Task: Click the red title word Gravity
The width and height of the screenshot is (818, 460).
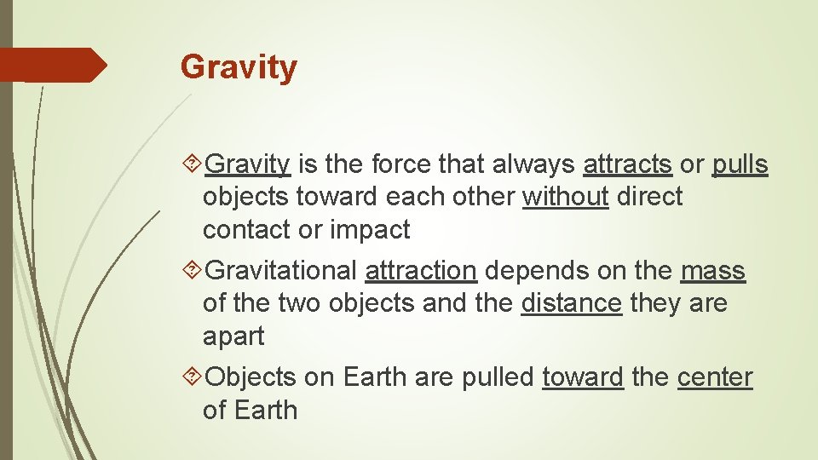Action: [239, 66]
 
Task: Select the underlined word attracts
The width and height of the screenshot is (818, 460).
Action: [627, 164]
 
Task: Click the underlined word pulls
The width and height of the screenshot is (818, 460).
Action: [740, 164]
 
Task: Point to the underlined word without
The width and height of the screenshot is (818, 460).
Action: [565, 197]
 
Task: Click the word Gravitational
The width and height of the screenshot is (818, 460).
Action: [281, 271]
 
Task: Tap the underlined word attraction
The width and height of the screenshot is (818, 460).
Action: [420, 271]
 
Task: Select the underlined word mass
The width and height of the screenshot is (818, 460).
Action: [713, 271]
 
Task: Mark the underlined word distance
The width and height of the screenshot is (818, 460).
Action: [571, 303]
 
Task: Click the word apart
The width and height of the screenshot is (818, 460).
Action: [233, 336]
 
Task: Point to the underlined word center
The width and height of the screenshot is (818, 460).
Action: [715, 377]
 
